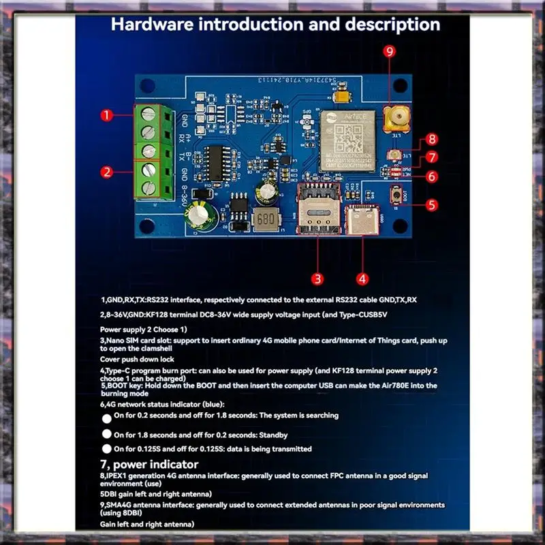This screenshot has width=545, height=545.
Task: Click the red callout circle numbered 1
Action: [x=106, y=116]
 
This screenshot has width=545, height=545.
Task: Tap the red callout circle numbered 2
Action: [x=106, y=171]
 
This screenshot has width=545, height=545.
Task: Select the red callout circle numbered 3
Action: [x=317, y=278]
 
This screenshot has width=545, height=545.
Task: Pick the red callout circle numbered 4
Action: [x=362, y=278]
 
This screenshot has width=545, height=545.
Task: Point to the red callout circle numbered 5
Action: [x=432, y=204]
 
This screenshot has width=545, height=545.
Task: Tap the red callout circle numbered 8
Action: [x=432, y=140]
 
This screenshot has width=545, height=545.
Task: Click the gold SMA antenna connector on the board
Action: [x=392, y=121]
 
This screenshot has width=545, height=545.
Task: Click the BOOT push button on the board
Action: [x=396, y=198]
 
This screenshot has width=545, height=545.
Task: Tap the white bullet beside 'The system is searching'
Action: [x=106, y=418]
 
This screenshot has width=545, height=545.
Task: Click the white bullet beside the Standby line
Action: [x=106, y=434]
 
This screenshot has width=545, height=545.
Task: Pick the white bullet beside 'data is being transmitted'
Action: [x=106, y=448]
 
